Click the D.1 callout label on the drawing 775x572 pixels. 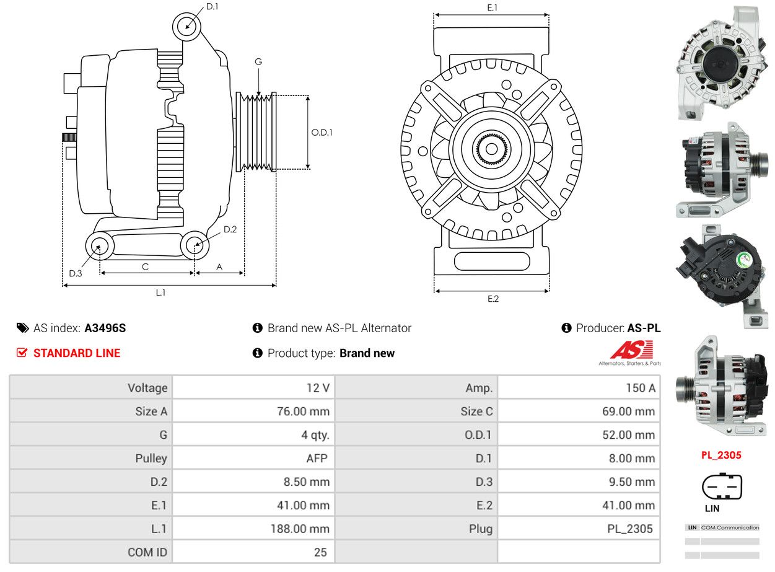[212, 7]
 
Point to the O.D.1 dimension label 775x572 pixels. [322, 133]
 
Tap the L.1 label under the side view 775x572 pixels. [160, 293]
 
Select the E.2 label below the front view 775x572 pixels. [493, 299]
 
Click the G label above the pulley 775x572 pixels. [258, 62]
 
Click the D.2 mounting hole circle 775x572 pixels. [195, 245]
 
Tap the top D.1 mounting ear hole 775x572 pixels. [186, 27]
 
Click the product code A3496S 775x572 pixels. [105, 328]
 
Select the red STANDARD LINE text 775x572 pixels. [77, 353]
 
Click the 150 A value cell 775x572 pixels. [579, 388]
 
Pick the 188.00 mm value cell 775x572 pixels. [253, 529]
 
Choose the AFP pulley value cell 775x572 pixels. [253, 458]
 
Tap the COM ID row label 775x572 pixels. [147, 552]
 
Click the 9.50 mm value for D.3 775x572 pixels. [632, 482]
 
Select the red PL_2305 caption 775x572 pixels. [721, 455]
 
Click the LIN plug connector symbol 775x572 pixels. [722, 486]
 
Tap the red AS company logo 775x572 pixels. [631, 350]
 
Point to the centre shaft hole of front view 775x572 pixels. [492, 149]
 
